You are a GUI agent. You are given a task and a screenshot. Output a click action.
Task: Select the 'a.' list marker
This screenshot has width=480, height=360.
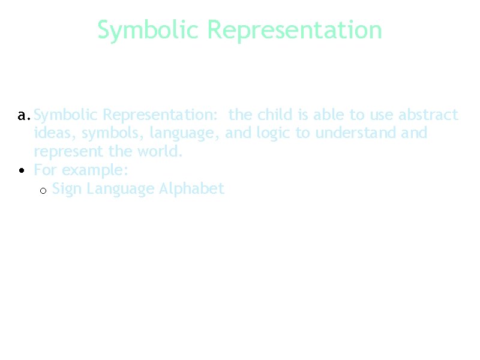click(x=24, y=115)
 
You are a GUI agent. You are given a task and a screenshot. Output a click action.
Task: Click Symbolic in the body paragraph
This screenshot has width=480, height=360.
click(x=66, y=115)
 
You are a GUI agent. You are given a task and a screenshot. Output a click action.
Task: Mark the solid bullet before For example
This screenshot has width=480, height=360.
click(x=22, y=170)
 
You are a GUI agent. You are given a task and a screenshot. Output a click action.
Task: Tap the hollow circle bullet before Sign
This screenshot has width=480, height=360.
click(x=43, y=190)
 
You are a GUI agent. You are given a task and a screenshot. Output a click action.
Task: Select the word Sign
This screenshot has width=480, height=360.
click(x=67, y=189)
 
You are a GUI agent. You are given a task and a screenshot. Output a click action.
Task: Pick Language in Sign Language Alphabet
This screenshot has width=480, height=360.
click(x=121, y=189)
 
